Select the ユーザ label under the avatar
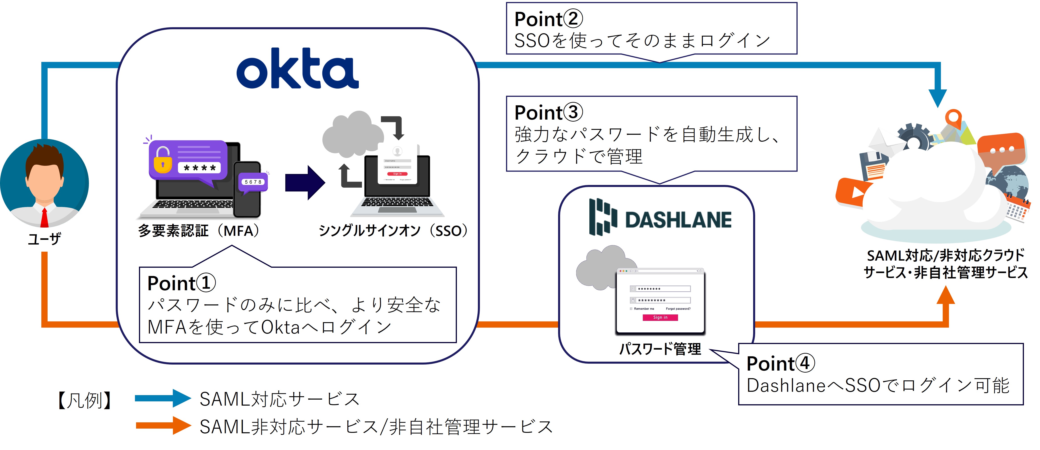pos(44,239)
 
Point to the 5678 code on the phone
pos(253,182)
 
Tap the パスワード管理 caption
pos(660,349)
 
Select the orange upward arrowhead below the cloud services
pos(945,296)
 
